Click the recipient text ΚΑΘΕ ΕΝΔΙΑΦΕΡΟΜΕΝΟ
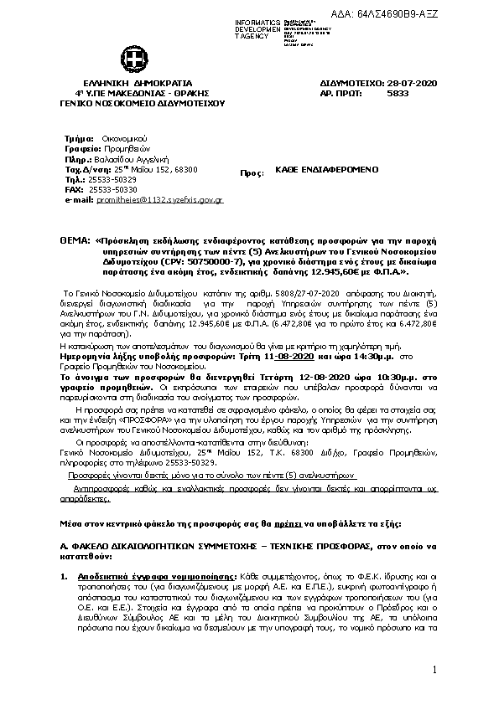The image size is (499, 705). click(x=327, y=169)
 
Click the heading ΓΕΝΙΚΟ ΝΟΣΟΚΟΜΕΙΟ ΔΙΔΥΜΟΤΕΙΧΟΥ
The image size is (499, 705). click(x=133, y=104)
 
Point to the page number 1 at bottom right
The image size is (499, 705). click(x=437, y=670)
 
